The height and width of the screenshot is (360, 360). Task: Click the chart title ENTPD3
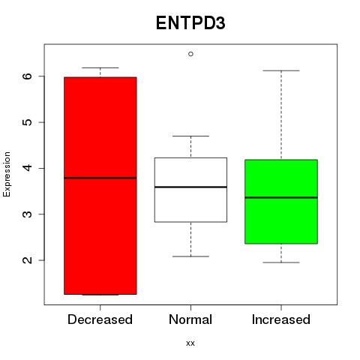pos(190,23)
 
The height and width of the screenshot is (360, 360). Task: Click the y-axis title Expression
pos(7,174)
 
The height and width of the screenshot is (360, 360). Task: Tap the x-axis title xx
pos(190,343)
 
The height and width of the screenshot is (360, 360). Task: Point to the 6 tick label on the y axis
pos(28,76)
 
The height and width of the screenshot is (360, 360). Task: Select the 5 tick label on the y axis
pos(28,122)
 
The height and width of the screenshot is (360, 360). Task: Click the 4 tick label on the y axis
pos(28,168)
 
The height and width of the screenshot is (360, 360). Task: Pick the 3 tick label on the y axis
pos(28,214)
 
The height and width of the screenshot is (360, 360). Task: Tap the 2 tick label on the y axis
pos(28,260)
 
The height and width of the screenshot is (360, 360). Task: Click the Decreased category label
pos(100,319)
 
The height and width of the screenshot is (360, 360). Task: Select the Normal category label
pos(190,319)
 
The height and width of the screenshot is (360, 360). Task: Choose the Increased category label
pos(281,319)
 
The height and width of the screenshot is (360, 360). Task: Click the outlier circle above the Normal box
pos(190,54)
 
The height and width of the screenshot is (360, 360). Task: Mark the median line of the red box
pos(100,178)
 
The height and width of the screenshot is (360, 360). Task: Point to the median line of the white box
pos(190,187)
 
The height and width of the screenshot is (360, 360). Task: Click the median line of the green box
pos(281,197)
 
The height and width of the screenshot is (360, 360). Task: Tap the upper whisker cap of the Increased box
pos(281,70)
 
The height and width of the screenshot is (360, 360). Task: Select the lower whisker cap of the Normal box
pos(190,256)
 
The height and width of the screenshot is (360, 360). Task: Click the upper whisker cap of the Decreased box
pos(100,67)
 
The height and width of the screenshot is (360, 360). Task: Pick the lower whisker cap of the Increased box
pos(281,262)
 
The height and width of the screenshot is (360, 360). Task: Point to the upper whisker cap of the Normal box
pos(190,136)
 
